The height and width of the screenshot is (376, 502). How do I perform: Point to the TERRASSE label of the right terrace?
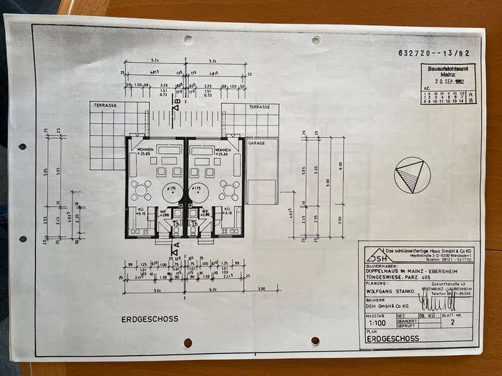click(259, 107)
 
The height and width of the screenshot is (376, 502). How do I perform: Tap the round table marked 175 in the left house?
click(171, 191)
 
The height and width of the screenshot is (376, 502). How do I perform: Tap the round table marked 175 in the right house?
click(198, 191)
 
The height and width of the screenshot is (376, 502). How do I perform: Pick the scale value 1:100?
click(377, 323)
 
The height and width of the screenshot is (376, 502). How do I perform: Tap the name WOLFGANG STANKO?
click(389, 292)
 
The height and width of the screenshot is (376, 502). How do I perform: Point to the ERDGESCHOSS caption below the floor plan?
click(149, 319)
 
